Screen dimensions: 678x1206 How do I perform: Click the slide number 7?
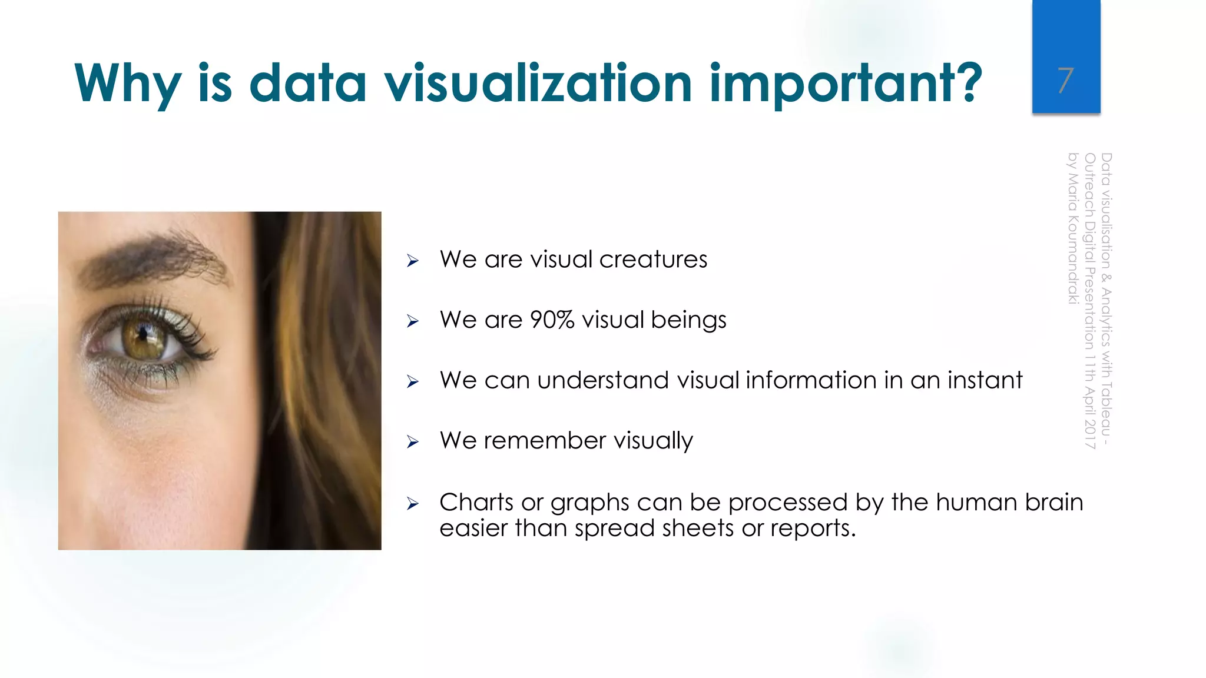tap(1065, 81)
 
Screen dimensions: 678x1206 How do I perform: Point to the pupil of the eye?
tap(143, 335)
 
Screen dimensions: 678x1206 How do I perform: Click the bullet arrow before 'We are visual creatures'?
tap(413, 261)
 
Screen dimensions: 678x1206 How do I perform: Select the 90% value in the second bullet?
tap(552, 320)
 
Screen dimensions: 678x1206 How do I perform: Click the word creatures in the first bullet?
tap(653, 260)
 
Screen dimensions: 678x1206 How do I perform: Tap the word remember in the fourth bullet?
tap(545, 441)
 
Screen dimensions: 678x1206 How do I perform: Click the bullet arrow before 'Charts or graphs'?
tap(413, 504)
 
